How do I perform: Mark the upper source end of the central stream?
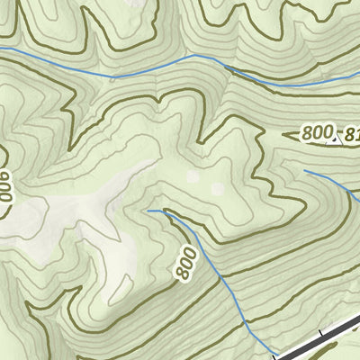pyautogui.click(x=148, y=211)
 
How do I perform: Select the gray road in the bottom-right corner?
pyautogui.click(x=324, y=338)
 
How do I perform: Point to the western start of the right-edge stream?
pyautogui.click(x=304, y=169)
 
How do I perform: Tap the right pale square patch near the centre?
pyautogui.click(x=216, y=188)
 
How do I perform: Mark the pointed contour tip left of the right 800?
pyautogui.click(x=284, y=135)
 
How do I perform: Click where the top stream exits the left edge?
pyautogui.click(x=2, y=48)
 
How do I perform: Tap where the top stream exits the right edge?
pyautogui.click(x=358, y=77)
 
